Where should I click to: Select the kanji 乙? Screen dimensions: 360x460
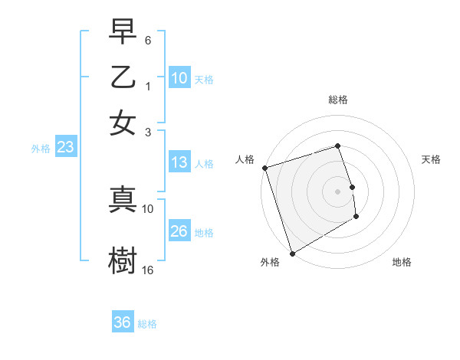(x=123, y=77)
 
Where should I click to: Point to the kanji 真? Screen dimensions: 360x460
(x=123, y=198)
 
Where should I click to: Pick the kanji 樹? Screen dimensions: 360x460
(x=123, y=260)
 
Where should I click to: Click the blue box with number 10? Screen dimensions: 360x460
(x=179, y=78)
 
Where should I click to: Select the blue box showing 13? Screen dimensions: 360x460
(x=179, y=162)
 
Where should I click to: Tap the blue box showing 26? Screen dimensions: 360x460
(x=179, y=231)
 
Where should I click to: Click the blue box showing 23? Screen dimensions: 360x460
(x=65, y=148)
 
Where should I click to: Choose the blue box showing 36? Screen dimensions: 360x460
(x=123, y=322)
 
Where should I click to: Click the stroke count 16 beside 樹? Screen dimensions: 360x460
(x=148, y=270)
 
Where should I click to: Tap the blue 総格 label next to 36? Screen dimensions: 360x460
(x=147, y=324)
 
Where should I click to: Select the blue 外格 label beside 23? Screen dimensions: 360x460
(x=41, y=149)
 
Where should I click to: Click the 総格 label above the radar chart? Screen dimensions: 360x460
(x=338, y=100)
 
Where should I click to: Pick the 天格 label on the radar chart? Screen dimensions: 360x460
(x=431, y=159)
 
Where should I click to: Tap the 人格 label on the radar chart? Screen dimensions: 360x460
(x=245, y=159)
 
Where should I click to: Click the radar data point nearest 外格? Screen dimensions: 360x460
(x=292, y=254)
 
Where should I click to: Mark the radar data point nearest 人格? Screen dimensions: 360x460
(x=264, y=168)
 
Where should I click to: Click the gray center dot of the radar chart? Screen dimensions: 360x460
(x=338, y=191)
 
